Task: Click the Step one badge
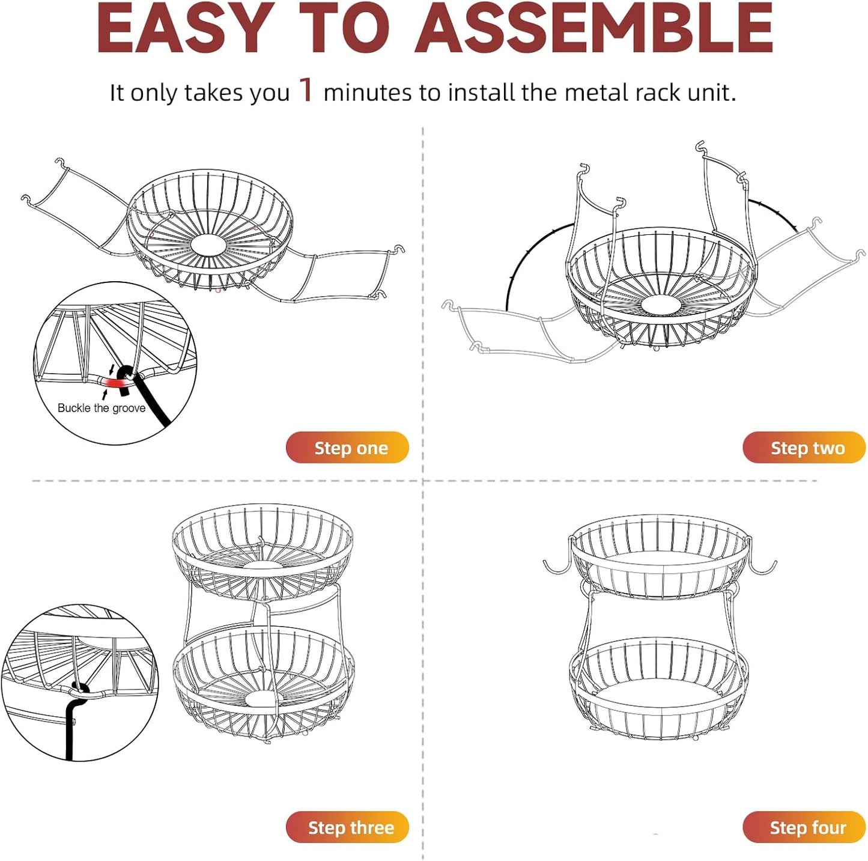[x=347, y=448]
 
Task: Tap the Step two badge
[x=804, y=448]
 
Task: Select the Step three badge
[x=347, y=827]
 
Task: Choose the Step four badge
[x=804, y=827]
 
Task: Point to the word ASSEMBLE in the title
[x=593, y=29]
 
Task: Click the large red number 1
[x=306, y=90]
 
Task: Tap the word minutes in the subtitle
[x=368, y=93]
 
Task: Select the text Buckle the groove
[x=102, y=408]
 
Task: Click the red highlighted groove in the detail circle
[x=111, y=383]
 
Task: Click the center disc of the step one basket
[x=208, y=245]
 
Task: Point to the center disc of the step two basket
[x=661, y=305]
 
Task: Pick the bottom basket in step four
[x=659, y=688]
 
